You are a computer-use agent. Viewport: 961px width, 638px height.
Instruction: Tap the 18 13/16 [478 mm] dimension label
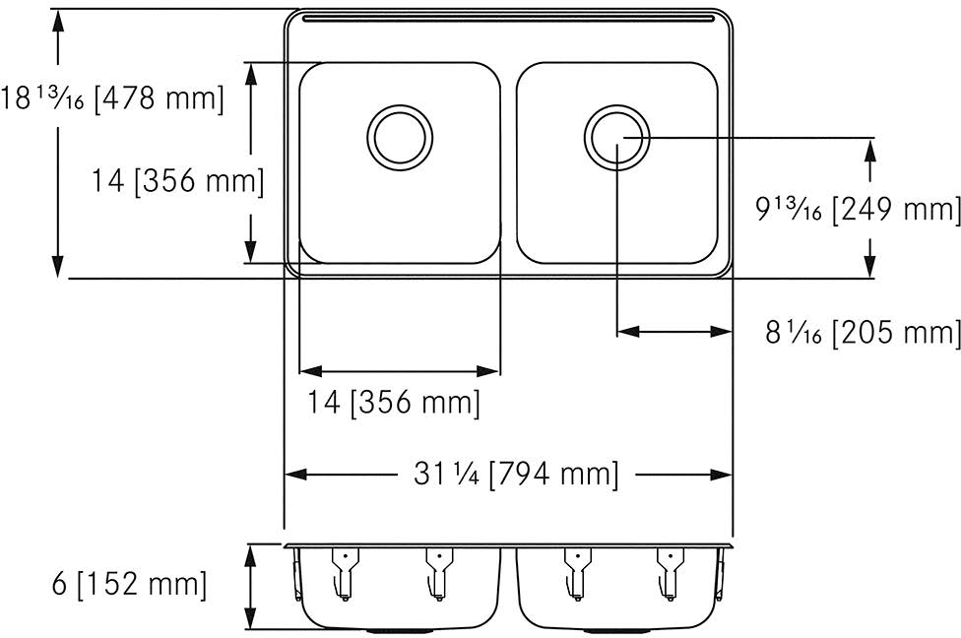111,98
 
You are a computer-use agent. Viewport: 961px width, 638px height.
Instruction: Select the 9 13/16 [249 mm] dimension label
858,210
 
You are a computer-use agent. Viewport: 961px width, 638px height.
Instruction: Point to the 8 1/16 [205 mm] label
863,333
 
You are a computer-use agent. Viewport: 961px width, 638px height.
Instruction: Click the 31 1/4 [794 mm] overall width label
516,474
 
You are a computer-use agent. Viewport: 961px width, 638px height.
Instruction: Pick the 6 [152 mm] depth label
129,584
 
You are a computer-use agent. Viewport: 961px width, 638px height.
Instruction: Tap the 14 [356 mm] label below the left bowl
394,403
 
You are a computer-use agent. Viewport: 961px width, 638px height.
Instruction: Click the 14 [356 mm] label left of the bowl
178,181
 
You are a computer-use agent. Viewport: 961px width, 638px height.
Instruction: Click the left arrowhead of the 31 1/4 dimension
296,475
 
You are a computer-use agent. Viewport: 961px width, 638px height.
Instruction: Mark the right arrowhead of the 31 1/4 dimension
722,475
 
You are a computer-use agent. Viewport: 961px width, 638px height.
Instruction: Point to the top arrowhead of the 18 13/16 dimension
58,21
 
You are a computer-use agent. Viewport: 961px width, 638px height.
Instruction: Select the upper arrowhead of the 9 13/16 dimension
869,151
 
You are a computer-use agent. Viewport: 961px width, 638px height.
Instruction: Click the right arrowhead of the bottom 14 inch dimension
489,371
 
